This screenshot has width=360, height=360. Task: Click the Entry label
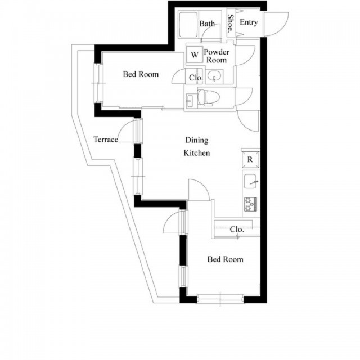click(249, 22)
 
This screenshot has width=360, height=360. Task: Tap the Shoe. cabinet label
click(231, 24)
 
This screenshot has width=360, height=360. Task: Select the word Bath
click(207, 24)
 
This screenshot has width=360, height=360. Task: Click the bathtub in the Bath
click(188, 25)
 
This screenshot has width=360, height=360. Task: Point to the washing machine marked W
click(195, 54)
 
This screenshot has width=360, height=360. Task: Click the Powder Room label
click(217, 56)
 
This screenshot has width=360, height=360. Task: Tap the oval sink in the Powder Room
click(214, 75)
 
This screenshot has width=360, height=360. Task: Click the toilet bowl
click(209, 97)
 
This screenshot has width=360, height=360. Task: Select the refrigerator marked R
click(250, 159)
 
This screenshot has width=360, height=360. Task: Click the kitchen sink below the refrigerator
click(250, 181)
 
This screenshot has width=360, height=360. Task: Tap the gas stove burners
click(250, 204)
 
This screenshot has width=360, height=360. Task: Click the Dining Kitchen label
click(197, 146)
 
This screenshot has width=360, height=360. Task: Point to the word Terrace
click(106, 139)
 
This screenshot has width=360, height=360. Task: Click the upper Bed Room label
click(141, 74)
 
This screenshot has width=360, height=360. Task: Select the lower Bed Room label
click(225, 259)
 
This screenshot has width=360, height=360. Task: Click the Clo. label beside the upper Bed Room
click(196, 78)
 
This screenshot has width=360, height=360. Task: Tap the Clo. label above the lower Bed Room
click(237, 229)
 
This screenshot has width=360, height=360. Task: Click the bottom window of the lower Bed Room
click(220, 299)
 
